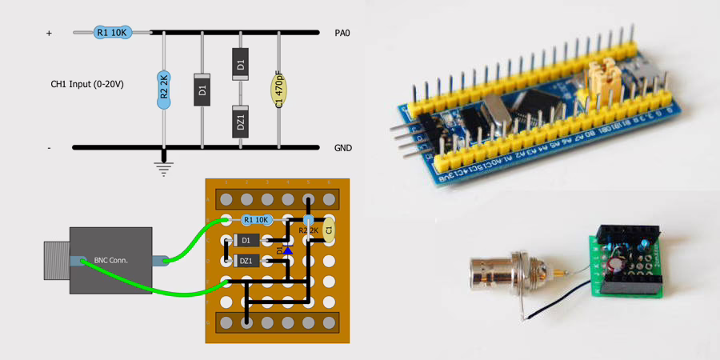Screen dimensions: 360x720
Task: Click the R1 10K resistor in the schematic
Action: [111, 33]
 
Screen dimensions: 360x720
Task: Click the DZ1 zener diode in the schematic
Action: [240, 122]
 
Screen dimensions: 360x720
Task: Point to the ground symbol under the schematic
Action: [164, 168]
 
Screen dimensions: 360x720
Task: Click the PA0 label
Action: [342, 34]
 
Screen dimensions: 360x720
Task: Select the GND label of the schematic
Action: [342, 148]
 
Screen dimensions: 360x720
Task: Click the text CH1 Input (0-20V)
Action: [87, 84]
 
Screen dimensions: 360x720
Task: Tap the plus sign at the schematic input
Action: [49, 34]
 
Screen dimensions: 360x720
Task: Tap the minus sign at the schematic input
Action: [49, 148]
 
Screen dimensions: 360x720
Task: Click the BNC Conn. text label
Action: [110, 260]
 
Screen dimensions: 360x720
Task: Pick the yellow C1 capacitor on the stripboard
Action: [327, 230]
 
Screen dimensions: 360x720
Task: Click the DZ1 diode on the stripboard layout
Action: [246, 261]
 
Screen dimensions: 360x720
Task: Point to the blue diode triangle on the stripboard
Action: [288, 250]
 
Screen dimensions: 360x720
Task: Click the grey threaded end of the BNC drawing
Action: [56, 260]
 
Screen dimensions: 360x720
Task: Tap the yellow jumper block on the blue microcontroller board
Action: [602, 78]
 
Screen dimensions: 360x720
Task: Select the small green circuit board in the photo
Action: [628, 260]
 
